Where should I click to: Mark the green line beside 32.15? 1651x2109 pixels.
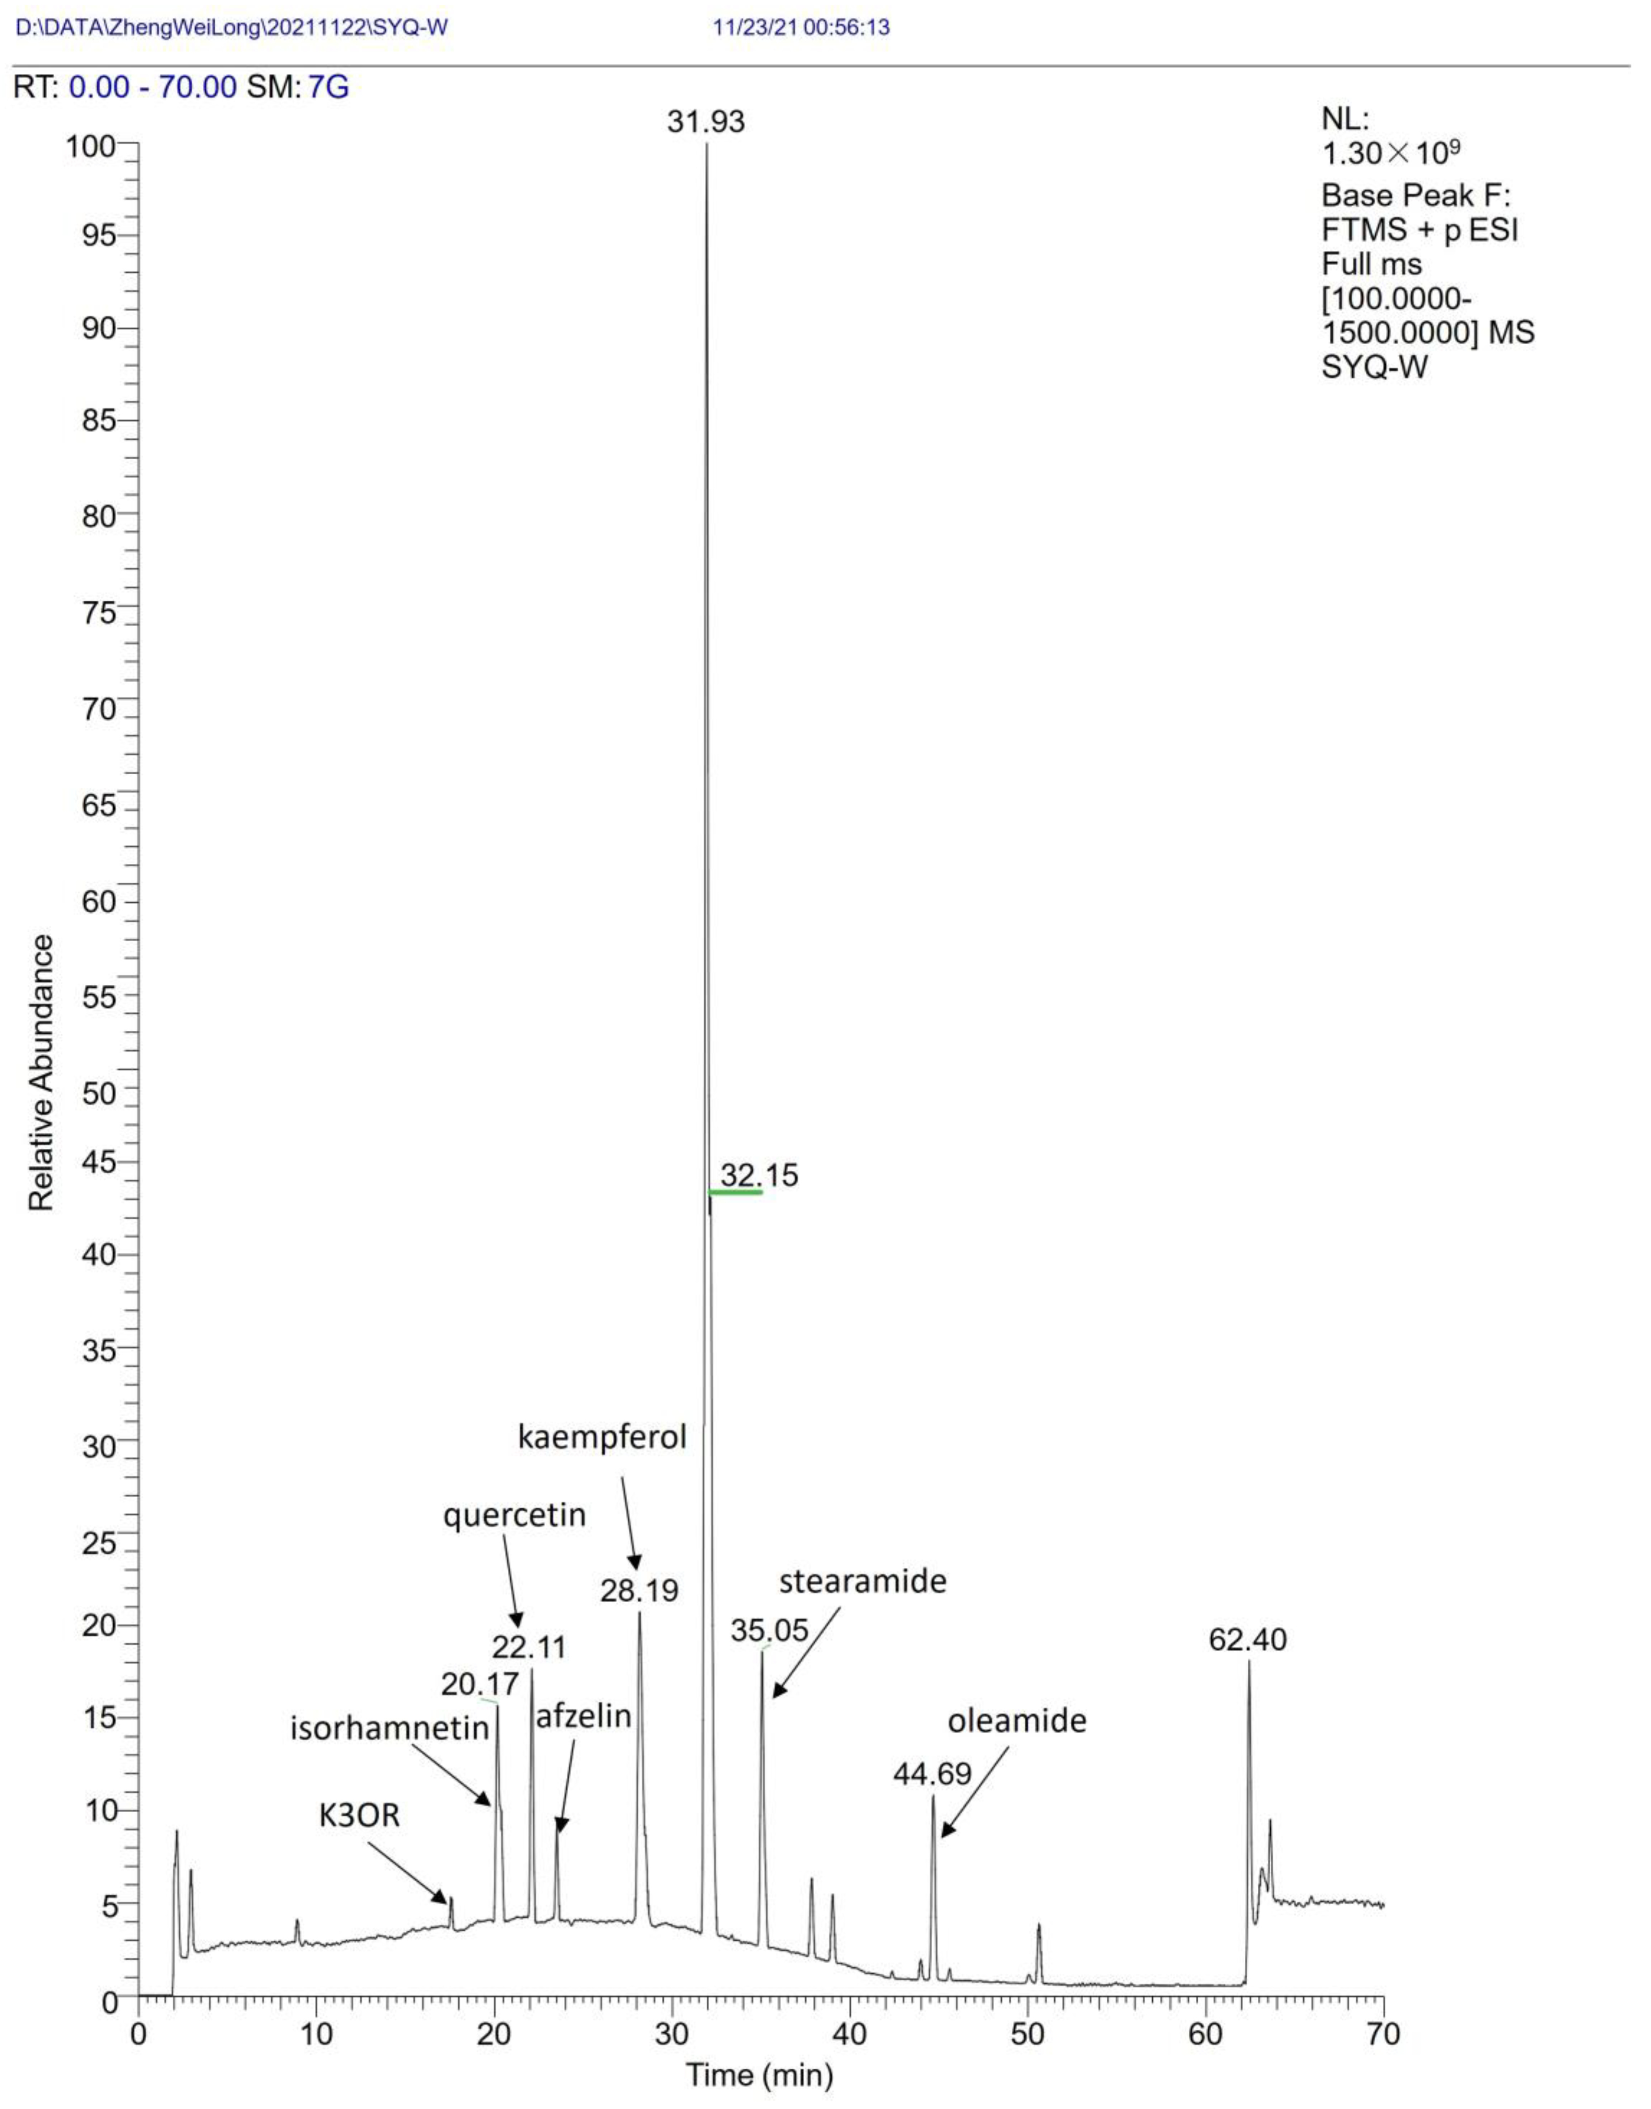pos(736,1192)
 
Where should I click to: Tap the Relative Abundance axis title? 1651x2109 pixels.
pos(41,1073)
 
